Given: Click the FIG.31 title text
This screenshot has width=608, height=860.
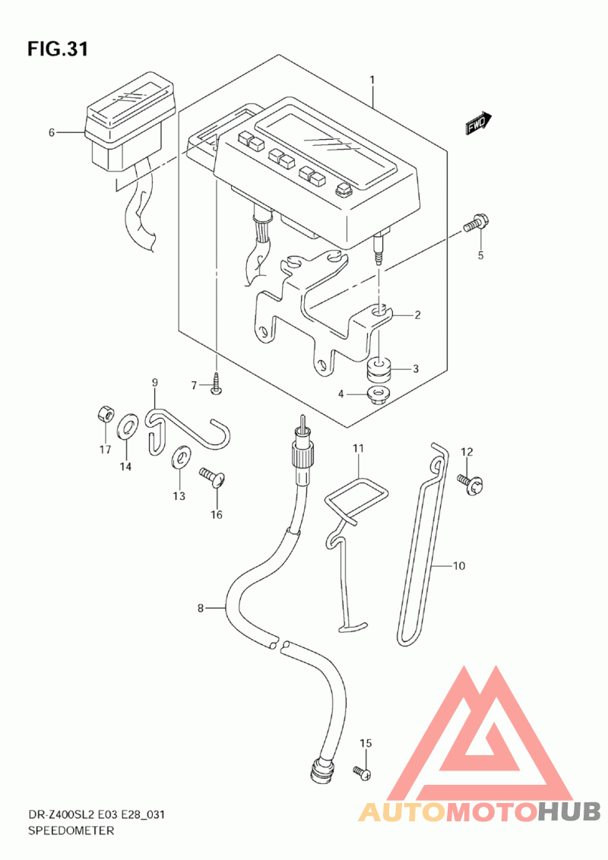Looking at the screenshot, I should [x=58, y=49].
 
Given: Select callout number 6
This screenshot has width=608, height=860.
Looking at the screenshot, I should [x=52, y=132].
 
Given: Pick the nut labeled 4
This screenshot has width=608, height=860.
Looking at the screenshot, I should [x=377, y=394].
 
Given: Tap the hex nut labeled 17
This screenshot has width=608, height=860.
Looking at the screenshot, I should [x=105, y=414].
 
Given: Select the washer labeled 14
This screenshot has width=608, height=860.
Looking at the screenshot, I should [x=127, y=428].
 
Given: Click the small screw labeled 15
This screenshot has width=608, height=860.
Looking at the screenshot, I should [x=362, y=773].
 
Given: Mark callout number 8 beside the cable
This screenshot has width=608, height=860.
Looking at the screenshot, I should [x=201, y=608].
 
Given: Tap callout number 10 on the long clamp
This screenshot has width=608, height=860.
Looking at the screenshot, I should [x=458, y=566].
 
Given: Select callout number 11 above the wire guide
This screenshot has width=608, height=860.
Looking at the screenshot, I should [x=358, y=450].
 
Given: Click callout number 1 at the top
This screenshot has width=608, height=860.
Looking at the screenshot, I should [x=372, y=80].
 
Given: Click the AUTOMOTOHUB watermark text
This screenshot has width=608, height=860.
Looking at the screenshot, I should [x=479, y=812].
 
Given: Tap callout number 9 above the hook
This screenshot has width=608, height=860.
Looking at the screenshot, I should [x=154, y=382].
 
